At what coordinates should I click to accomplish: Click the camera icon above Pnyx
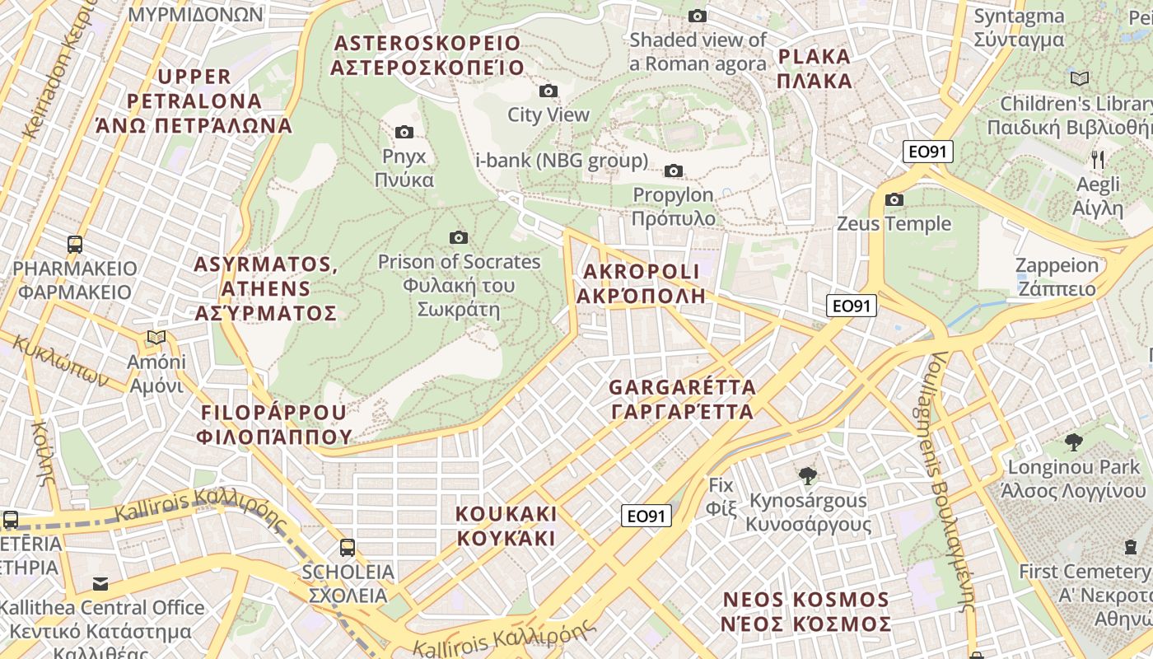(404, 132)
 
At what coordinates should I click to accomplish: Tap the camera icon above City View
(548, 91)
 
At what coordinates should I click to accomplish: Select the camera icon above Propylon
(674, 171)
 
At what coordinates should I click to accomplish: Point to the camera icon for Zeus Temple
(894, 199)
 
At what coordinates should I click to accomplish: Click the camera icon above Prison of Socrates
(459, 237)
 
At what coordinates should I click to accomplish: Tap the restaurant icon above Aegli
(1097, 159)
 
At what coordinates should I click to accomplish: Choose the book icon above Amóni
(156, 337)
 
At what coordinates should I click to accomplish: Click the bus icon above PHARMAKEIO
(75, 244)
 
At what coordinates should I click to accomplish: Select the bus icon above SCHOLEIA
(348, 547)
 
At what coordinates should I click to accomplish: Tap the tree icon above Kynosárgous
(808, 475)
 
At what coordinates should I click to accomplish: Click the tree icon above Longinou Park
(1073, 442)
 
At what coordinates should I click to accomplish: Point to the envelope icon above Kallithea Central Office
(100, 584)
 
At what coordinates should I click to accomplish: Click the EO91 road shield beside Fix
(646, 516)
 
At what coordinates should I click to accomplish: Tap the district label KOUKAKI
(506, 526)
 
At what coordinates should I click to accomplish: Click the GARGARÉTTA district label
(682, 399)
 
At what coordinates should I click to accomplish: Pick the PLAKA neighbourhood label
(814, 68)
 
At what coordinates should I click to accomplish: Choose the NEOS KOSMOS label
(806, 611)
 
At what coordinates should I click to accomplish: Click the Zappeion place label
(1057, 277)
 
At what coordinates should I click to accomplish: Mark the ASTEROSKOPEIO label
(427, 55)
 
